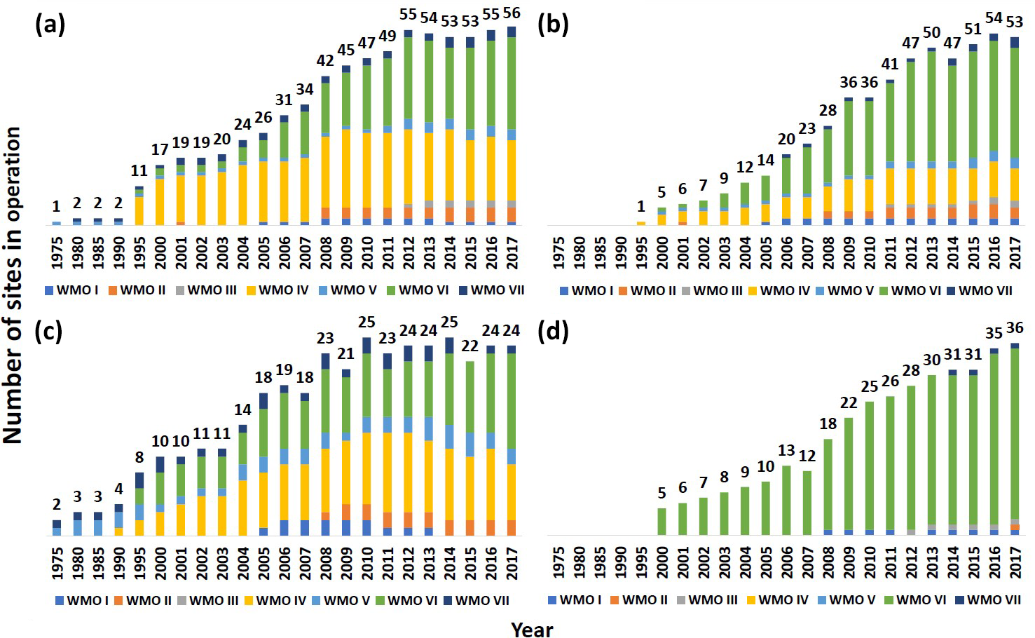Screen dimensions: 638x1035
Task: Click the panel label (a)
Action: (x=50, y=25)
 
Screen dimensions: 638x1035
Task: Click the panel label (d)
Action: (x=552, y=332)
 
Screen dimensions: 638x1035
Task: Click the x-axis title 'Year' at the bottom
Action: (x=532, y=629)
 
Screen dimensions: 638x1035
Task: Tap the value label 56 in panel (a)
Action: (x=512, y=13)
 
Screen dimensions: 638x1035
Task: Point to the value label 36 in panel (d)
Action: (x=1014, y=328)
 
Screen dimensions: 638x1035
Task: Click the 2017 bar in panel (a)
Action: (x=512, y=126)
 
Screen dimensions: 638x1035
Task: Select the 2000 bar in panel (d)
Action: (x=662, y=522)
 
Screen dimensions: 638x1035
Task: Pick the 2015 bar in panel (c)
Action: (x=471, y=449)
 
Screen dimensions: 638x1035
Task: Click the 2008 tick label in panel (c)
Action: (x=326, y=562)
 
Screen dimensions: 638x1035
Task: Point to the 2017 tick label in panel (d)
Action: (x=1014, y=562)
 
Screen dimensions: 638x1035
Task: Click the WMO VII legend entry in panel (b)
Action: (x=979, y=290)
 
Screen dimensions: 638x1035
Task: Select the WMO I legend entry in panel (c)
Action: (x=81, y=600)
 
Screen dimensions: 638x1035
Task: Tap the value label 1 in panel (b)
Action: (x=640, y=208)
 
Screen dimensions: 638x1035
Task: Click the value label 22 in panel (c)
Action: (x=470, y=346)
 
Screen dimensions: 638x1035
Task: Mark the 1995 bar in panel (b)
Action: (x=640, y=223)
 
